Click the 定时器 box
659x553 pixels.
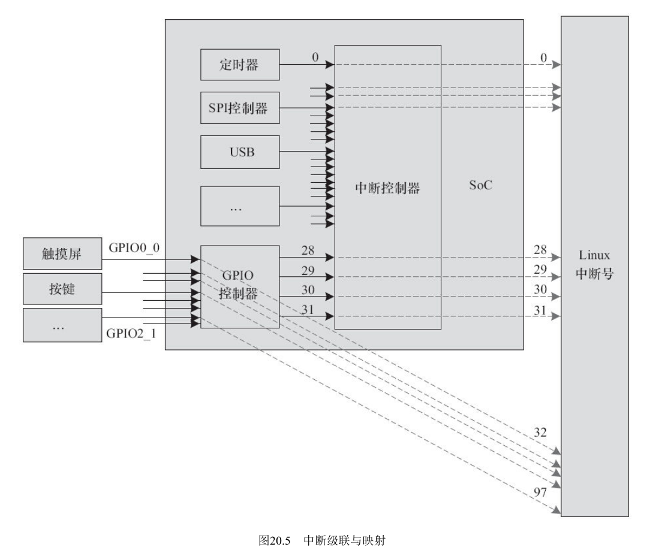[240, 65]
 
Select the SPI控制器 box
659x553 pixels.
[240, 108]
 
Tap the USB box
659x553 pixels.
[240, 152]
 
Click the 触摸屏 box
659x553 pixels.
[62, 254]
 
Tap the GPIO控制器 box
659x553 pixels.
[239, 286]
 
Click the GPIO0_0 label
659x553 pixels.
[134, 247]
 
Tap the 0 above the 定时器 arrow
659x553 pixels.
[314, 56]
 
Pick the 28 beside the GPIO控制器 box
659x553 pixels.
[308, 250]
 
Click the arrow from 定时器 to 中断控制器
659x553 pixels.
[306, 64]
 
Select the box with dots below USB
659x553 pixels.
[240, 206]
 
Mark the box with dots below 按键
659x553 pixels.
[62, 325]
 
